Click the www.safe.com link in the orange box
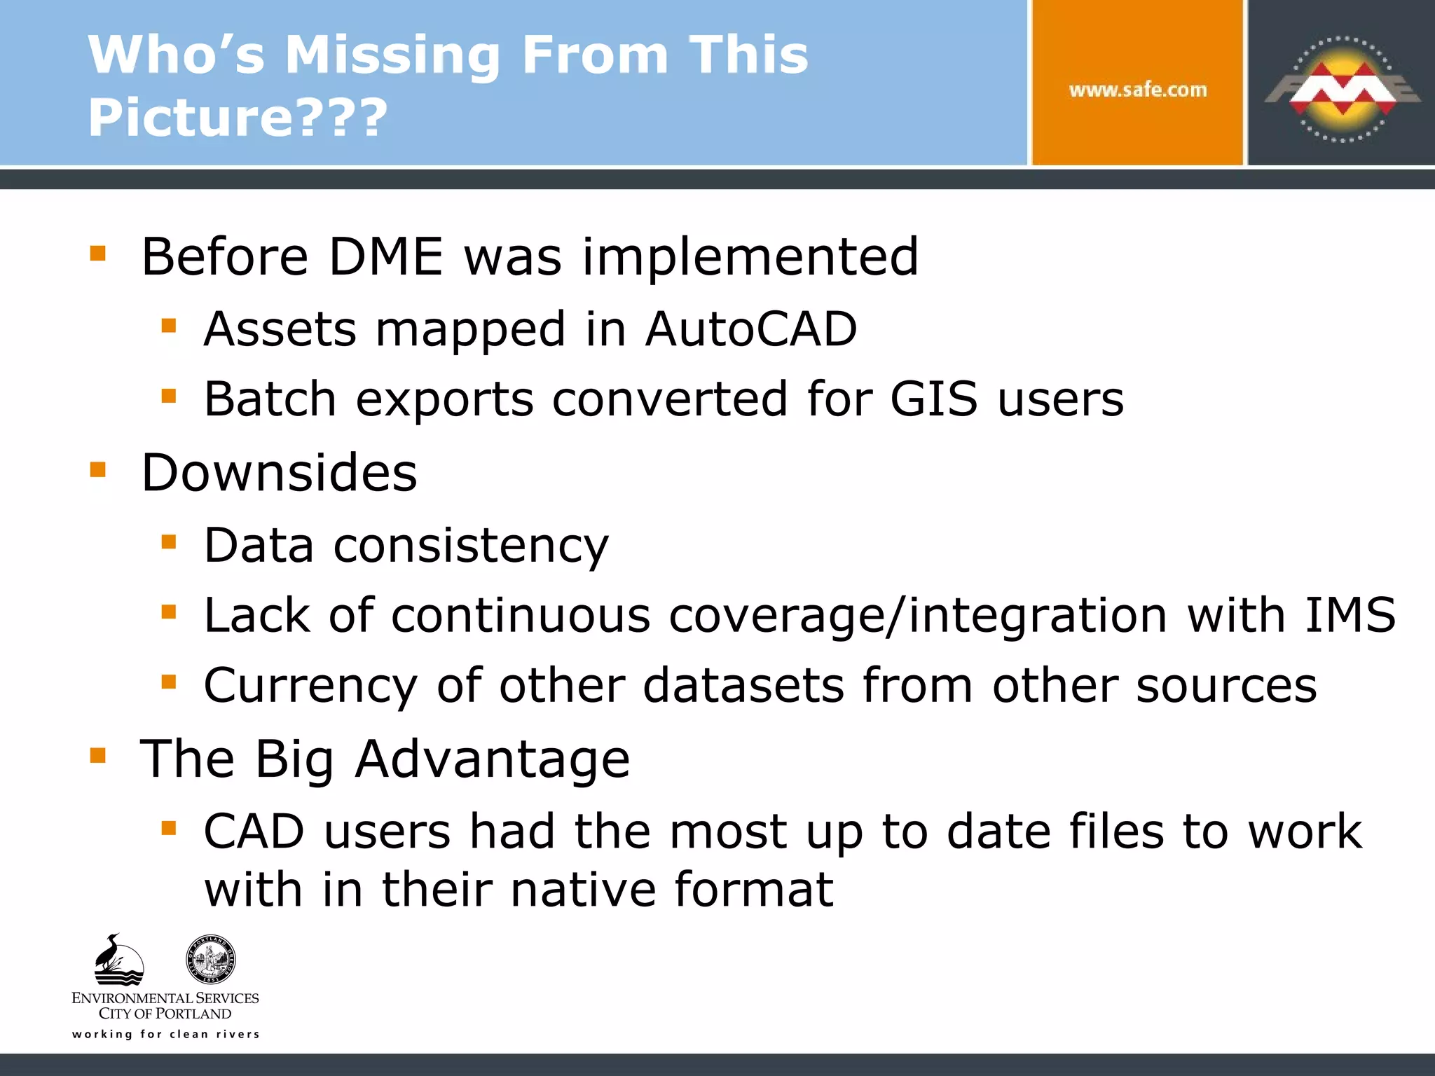[1137, 90]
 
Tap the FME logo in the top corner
[1342, 89]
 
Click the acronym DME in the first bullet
[385, 256]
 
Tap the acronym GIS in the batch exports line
[933, 399]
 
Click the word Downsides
[279, 473]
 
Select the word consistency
[471, 546]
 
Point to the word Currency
[310, 686]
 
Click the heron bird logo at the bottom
[118, 960]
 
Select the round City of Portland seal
[210, 960]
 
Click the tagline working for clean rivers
[165, 1034]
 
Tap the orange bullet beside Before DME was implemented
[97, 253]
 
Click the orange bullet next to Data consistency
[168, 542]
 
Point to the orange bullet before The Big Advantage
[97, 755]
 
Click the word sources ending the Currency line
[1225, 686]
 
